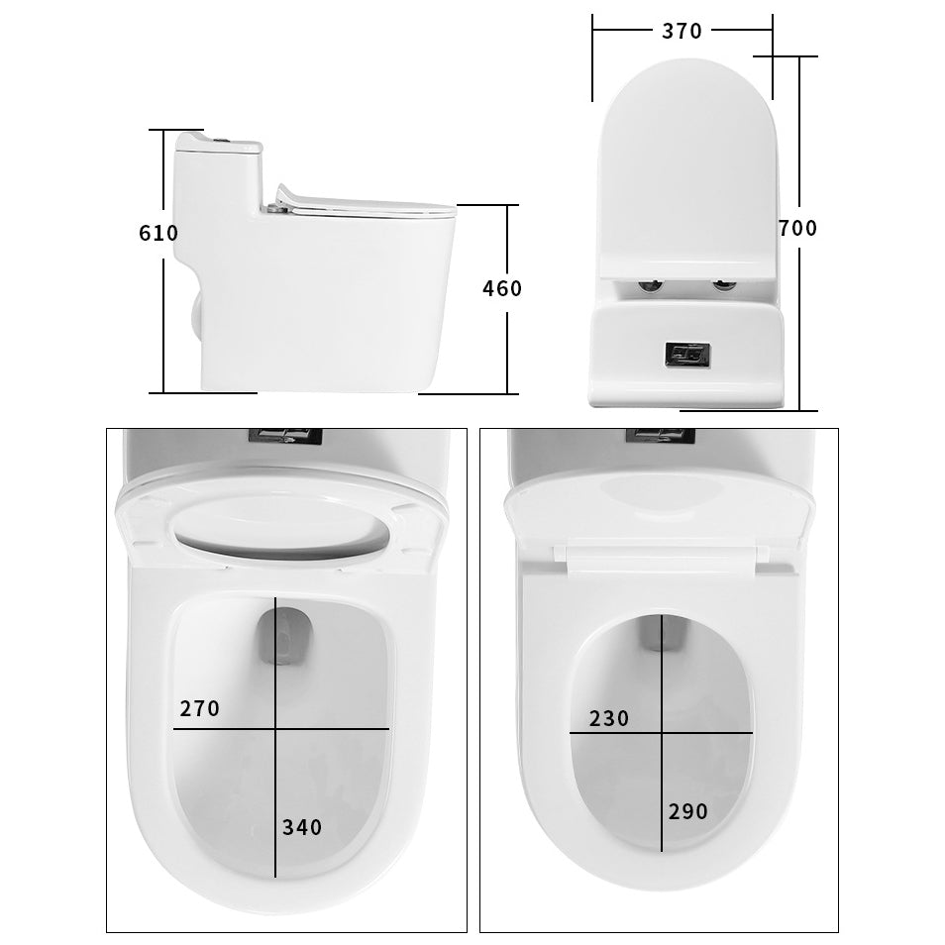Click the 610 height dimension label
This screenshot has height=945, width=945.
click(158, 234)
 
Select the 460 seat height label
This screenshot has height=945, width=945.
click(501, 288)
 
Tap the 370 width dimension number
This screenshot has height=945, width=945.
click(682, 31)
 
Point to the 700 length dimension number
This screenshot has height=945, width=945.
click(797, 228)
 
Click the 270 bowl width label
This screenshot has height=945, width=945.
click(199, 709)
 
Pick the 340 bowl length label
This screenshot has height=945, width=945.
click(302, 827)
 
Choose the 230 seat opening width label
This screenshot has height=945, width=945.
click(609, 719)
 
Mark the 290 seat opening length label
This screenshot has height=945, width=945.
click(687, 811)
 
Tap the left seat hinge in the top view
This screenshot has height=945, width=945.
click(650, 287)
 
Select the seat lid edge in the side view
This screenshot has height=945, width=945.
click(367, 205)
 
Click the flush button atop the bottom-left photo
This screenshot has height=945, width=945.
click(285, 435)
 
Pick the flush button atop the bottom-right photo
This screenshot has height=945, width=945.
click(660, 434)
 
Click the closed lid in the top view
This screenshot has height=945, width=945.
click(684, 168)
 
